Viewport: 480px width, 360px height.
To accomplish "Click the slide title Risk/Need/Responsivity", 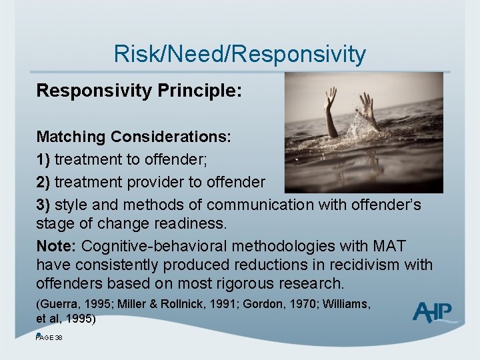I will coord(239,53).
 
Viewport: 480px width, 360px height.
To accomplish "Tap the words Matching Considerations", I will coord(133,137).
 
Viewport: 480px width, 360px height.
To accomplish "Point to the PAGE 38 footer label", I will coord(49,338).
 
